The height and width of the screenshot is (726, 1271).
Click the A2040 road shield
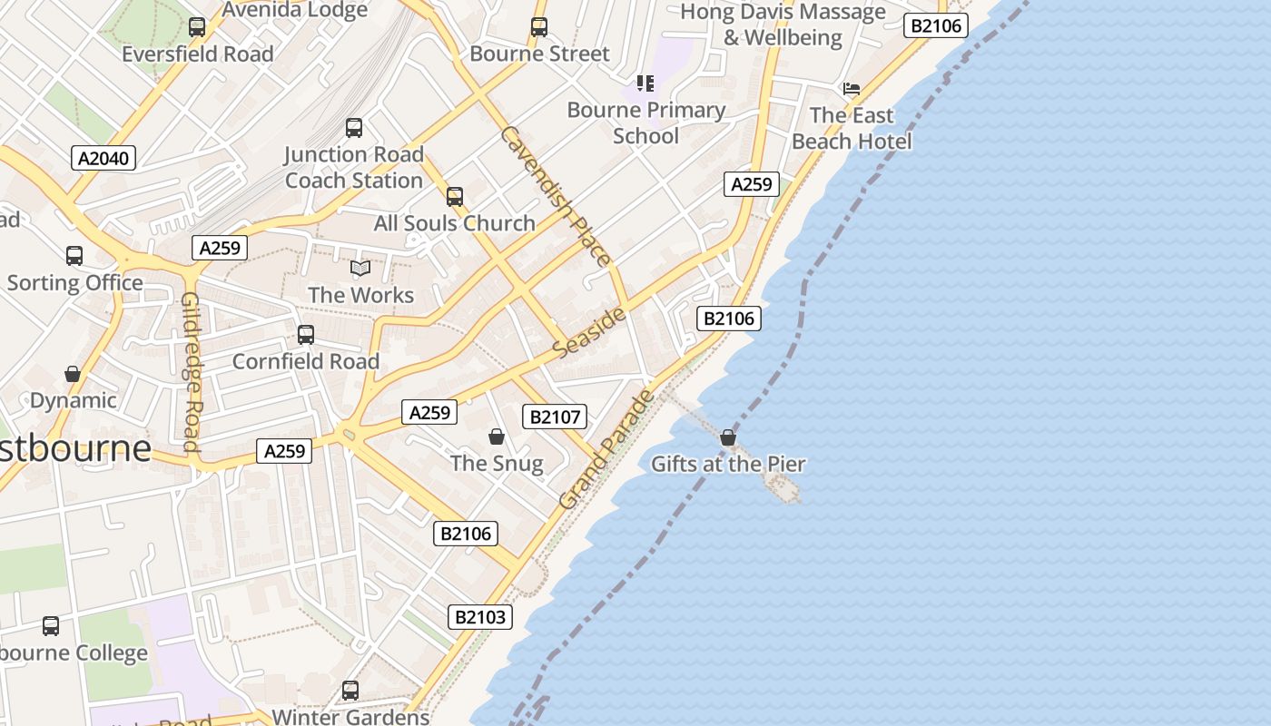[x=103, y=159]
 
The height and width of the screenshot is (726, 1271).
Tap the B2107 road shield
[x=555, y=417]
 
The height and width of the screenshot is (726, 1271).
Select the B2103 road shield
[x=480, y=618]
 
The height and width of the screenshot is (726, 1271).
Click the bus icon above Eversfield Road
[x=197, y=27]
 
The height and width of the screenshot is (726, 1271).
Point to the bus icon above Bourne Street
[x=539, y=27]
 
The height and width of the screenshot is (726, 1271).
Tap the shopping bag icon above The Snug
[x=497, y=437]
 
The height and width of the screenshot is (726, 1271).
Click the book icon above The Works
[x=360, y=269]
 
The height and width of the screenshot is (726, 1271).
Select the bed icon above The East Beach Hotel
[x=852, y=88]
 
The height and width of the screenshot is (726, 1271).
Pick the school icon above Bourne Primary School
[x=645, y=83]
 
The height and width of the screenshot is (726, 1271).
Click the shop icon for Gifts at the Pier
[x=728, y=437]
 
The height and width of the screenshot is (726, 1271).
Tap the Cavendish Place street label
[x=556, y=195]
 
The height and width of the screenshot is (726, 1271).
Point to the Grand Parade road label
[x=606, y=449]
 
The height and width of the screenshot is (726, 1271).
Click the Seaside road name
[x=590, y=332]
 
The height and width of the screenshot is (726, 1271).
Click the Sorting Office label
[x=75, y=282]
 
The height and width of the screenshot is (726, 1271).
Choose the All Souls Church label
[x=455, y=223]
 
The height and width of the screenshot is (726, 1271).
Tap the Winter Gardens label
[x=350, y=716]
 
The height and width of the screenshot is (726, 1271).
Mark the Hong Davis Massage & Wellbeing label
[x=783, y=25]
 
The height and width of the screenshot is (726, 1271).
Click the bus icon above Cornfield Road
[x=306, y=335]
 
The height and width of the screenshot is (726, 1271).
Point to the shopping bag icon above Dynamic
[x=73, y=374]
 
